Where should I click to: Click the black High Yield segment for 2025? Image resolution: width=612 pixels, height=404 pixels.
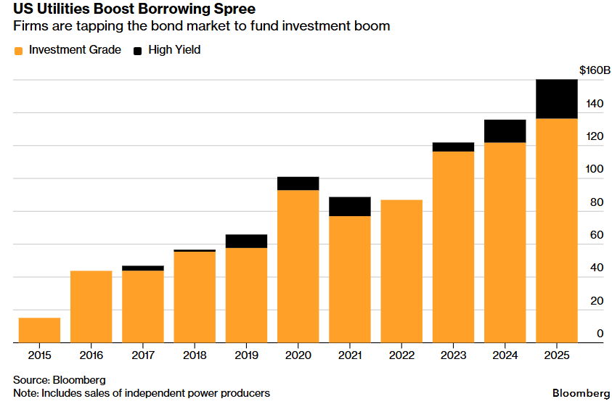click(x=556, y=99)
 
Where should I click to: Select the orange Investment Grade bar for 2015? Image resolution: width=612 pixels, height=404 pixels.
click(x=39, y=330)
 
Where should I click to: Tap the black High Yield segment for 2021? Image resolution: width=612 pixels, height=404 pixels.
click(x=350, y=207)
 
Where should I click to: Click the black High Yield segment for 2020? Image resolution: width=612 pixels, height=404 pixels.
click(x=298, y=184)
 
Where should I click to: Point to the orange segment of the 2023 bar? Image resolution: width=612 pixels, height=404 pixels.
click(x=453, y=247)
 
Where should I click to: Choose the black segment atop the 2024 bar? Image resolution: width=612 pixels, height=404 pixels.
click(x=505, y=131)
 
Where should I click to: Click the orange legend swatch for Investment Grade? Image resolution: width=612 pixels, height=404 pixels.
click(x=18, y=51)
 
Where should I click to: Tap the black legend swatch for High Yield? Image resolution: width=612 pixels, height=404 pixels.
click(x=137, y=51)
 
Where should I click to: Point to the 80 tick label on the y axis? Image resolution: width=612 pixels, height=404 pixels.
click(x=595, y=202)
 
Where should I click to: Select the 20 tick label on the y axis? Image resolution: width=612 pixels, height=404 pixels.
click(x=595, y=301)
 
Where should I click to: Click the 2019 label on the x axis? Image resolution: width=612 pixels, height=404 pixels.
click(x=246, y=355)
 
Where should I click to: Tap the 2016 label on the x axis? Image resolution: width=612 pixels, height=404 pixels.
click(x=91, y=355)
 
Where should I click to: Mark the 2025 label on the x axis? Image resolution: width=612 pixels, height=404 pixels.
click(x=556, y=355)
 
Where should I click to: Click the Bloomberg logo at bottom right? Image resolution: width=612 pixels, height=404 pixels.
click(x=581, y=392)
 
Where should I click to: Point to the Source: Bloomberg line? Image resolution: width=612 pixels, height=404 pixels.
click(x=59, y=379)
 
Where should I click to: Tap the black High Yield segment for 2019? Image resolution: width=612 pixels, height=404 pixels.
click(x=246, y=242)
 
